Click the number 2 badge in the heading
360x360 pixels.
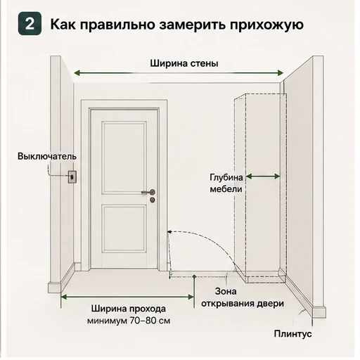[30, 24]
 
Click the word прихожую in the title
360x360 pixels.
[266, 25]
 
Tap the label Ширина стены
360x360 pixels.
[184, 63]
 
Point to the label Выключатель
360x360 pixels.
[47, 156]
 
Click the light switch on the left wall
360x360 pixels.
[72, 176]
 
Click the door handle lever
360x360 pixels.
[148, 192]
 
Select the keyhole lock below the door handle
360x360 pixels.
[153, 200]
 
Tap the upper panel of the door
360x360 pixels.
[124, 157]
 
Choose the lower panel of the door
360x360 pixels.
[124, 229]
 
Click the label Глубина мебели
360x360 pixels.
[226, 183]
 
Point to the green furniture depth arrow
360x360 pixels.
[263, 176]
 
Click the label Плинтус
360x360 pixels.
[292, 333]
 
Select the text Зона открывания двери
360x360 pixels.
[243, 297]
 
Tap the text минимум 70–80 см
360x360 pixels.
[129, 321]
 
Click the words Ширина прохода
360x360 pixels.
[129, 309]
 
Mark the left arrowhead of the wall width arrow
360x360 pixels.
[77, 73]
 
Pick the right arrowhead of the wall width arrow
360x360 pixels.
[281, 73]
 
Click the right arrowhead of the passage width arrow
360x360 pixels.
[191, 297]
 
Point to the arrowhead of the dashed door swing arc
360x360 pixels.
[169, 232]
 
